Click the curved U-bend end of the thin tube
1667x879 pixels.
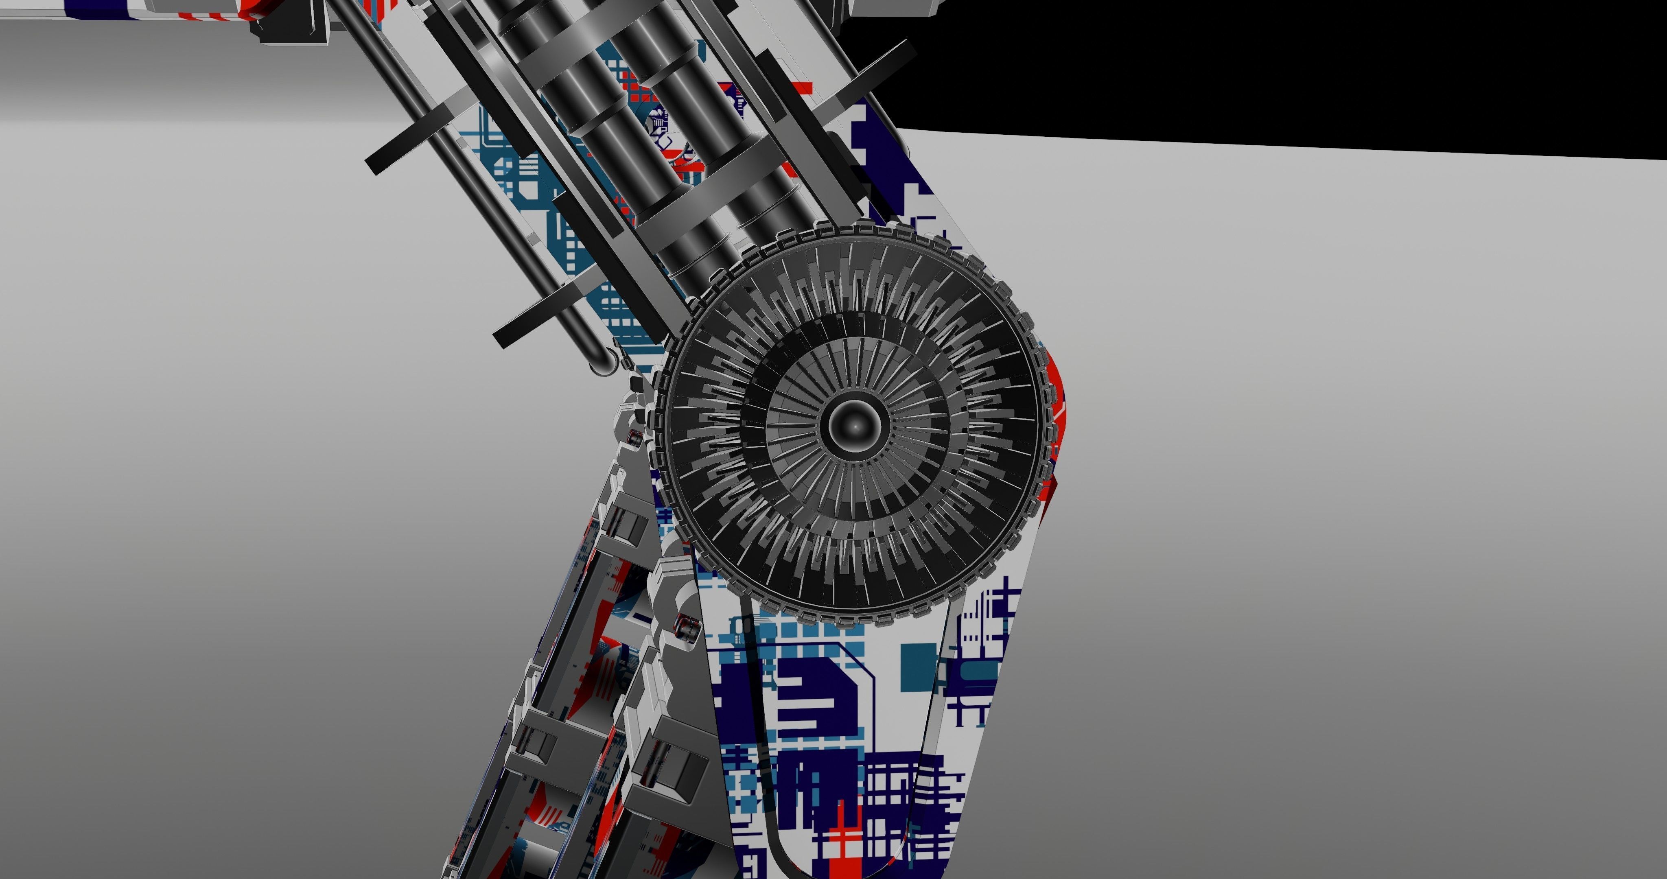pyautogui.click(x=601, y=366)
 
